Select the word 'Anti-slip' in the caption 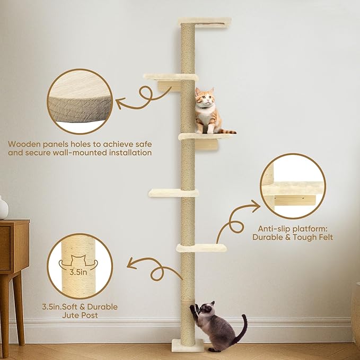coord(270,228)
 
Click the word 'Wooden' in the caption coord(24,143)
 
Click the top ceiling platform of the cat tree coord(205,21)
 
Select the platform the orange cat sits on coord(207,136)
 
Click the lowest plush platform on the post coord(201,247)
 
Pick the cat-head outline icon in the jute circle coord(79,260)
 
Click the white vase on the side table coord(3,208)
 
